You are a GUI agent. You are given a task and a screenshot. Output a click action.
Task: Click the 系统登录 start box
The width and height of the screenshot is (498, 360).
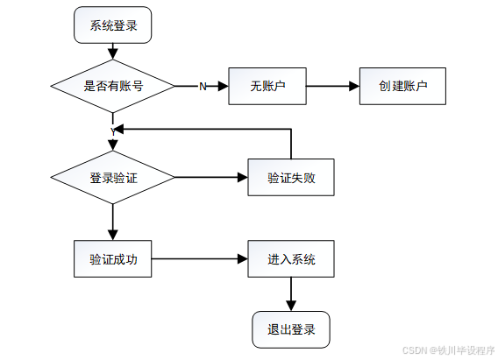coord(113,25)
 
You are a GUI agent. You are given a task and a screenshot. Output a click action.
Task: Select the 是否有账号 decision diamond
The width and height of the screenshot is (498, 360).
coord(113,86)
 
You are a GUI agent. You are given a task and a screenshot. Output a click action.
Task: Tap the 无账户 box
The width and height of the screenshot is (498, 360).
coord(267,86)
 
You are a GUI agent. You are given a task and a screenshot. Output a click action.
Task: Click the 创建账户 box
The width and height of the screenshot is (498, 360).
coord(402,86)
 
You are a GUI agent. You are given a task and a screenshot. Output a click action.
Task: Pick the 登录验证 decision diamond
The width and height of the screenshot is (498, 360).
coord(113,177)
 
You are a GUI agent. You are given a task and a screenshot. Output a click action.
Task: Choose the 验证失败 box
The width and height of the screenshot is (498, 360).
coord(291,177)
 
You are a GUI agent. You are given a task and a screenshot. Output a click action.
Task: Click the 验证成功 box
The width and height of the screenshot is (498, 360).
coord(113,258)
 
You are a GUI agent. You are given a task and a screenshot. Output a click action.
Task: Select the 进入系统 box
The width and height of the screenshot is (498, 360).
coord(291,258)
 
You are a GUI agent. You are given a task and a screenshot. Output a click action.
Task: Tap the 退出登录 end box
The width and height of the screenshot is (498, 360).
coord(291,329)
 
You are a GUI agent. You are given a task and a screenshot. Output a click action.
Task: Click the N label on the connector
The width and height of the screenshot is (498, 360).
coord(203,86)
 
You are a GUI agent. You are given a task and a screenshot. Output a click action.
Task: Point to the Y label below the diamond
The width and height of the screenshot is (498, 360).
coord(113,131)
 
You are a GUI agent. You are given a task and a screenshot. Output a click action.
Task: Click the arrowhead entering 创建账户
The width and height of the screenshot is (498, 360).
coord(354,86)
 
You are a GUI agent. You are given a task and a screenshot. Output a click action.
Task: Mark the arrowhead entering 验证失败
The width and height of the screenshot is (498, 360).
coord(243,177)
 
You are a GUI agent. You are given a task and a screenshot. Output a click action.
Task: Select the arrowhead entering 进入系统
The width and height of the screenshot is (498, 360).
coord(243,258)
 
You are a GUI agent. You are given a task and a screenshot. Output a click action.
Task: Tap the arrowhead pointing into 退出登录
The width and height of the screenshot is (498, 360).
coord(291,306)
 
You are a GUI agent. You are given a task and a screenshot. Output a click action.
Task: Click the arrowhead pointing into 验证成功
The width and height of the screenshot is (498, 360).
coord(113,236)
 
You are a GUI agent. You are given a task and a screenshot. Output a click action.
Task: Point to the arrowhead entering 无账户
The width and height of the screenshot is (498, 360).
coord(224,86)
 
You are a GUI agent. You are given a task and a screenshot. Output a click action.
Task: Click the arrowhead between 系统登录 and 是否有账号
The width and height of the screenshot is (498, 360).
coord(113,54)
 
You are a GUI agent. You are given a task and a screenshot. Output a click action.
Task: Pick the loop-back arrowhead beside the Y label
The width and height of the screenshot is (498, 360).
coord(118,129)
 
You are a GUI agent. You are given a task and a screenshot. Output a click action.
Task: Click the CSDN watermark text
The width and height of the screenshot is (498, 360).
coord(448,350)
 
